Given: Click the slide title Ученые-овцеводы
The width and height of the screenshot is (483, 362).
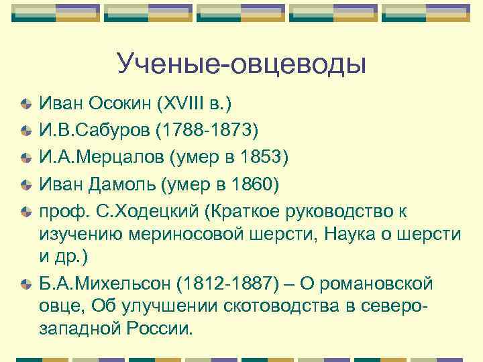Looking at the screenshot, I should [241, 64].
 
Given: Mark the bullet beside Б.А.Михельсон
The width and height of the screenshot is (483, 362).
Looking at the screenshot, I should [25, 284].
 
